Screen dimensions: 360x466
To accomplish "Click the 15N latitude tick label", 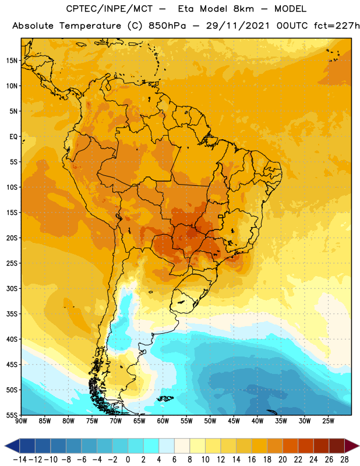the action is (12, 61).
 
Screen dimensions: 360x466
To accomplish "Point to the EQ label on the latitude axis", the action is (13, 137).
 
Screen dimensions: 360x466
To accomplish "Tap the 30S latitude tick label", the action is (12, 288).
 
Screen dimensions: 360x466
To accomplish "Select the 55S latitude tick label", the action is (12, 415).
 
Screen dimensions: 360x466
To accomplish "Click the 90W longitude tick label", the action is (21, 421).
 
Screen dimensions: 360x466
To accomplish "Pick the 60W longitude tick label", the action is (163, 421).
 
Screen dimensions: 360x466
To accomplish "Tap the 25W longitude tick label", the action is (328, 421).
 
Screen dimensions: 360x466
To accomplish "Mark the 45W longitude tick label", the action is (234, 421).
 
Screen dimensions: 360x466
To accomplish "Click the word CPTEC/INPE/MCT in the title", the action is (109, 9).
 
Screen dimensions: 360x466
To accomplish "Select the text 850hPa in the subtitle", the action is (167, 26).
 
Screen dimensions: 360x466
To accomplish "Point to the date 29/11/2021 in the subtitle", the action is (238, 26).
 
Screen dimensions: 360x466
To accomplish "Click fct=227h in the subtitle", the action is (337, 26).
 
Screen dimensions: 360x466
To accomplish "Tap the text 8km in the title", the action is (243, 9).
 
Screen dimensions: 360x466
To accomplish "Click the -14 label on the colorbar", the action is (20, 460).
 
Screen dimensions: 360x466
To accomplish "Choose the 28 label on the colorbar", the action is (344, 460).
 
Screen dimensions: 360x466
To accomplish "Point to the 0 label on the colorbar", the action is (128, 460).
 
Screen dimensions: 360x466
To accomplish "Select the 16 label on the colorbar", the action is (252, 460).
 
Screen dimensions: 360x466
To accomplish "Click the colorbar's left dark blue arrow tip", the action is (5, 446).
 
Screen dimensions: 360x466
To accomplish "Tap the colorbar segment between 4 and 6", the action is (167, 446).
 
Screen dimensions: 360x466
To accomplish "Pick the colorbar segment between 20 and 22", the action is (291, 446).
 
